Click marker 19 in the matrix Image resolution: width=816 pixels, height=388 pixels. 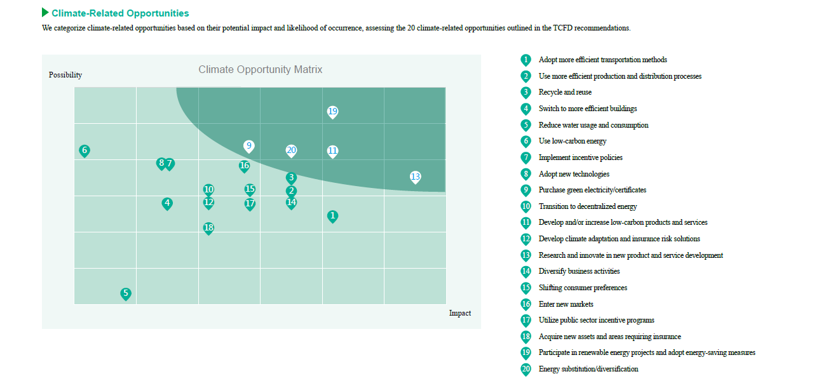point(332,112)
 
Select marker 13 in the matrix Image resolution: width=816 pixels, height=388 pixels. point(415,177)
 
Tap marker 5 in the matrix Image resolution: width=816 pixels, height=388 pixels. point(126,293)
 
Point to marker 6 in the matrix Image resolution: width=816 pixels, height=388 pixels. point(85,151)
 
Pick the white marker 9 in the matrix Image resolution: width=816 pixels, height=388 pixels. point(249,146)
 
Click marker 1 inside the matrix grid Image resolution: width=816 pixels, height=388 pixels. point(332,216)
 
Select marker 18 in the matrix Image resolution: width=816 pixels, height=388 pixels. point(208,228)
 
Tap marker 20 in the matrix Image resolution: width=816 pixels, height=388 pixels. point(291,151)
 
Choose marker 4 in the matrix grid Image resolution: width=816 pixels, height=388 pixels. point(167,204)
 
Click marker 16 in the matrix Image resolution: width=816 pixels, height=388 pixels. point(245,166)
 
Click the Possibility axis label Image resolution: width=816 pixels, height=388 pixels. point(65,75)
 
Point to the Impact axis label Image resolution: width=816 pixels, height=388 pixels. point(460,313)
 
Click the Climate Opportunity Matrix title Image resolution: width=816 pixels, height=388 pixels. point(261,70)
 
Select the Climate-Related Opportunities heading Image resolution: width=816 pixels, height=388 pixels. point(120,13)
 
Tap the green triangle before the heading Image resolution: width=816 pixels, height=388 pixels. point(45,13)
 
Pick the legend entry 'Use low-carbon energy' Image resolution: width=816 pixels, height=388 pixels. point(573,141)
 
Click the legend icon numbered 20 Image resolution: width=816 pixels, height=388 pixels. point(526,369)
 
